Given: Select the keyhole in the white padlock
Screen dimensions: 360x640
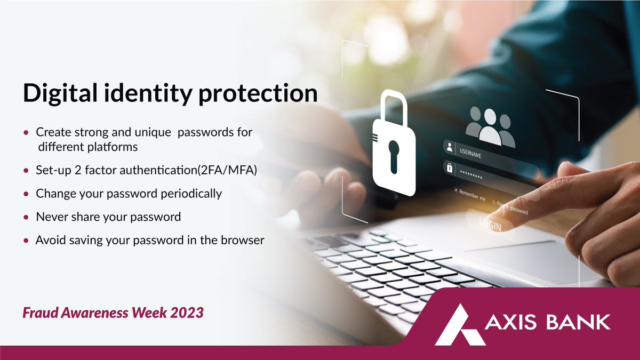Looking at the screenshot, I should [x=394, y=155].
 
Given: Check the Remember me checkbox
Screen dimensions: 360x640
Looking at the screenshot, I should [x=456, y=190].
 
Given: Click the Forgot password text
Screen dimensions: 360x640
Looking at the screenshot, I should [x=512, y=207].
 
